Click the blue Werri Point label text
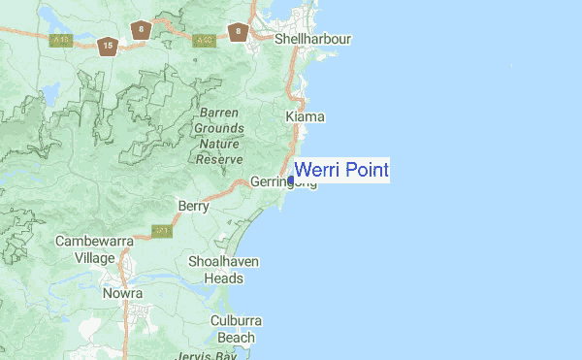[x=340, y=171]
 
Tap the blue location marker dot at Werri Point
[x=291, y=180]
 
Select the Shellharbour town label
[x=312, y=40]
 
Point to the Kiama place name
[x=306, y=116]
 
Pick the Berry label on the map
[x=194, y=206]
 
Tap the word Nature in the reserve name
[x=218, y=144]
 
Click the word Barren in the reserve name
[x=219, y=113]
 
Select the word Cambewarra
[x=94, y=241]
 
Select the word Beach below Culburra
[x=236, y=337]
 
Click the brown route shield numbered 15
[x=108, y=46]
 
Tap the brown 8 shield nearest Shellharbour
[x=238, y=32]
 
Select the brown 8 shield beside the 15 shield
[x=143, y=30]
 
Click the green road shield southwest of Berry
[x=161, y=232]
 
